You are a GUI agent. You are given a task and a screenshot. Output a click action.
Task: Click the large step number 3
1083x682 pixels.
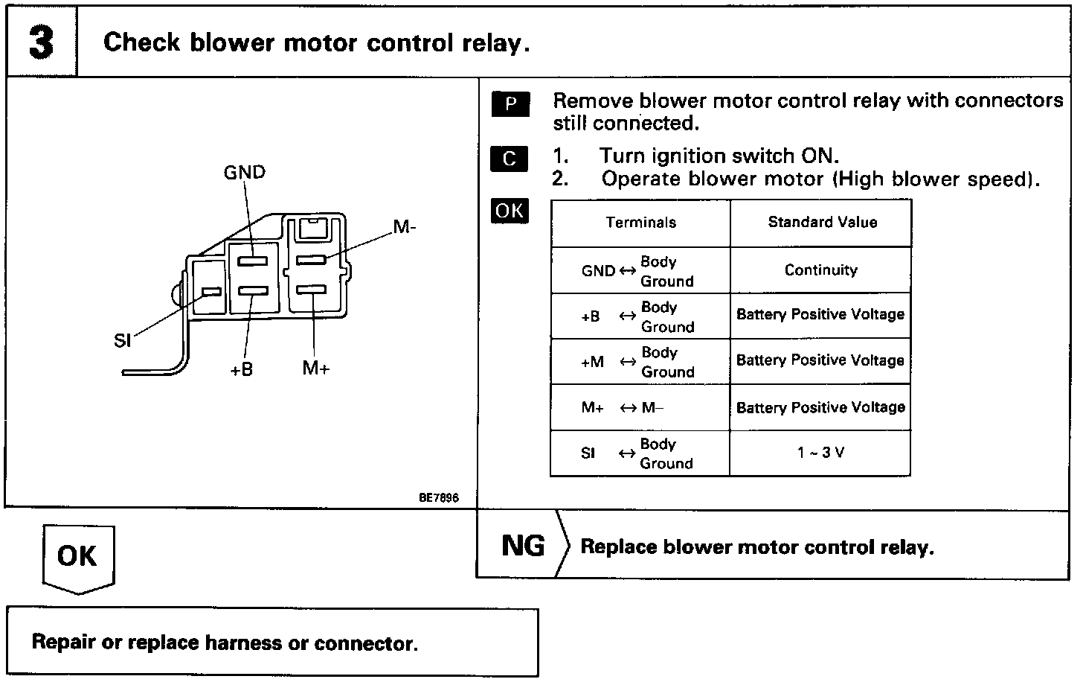pos(41,42)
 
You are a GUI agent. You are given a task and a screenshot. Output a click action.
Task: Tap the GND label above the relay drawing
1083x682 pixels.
pos(244,173)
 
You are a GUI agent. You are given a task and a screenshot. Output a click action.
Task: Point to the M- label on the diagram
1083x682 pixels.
pos(405,227)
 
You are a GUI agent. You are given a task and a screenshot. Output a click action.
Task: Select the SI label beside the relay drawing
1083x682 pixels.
pos(123,341)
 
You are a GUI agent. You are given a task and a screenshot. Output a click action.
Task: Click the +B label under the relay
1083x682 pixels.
pos(241,369)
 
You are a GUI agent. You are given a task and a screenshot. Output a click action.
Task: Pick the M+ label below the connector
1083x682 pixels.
pos(315,368)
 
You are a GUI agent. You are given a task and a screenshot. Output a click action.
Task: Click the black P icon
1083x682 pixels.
pos(510,104)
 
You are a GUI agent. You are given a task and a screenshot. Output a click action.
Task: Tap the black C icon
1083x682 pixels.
pos(510,159)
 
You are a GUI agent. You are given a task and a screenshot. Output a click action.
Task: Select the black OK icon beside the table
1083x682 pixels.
pos(510,211)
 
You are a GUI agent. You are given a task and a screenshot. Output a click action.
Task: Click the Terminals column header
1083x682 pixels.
pos(640,223)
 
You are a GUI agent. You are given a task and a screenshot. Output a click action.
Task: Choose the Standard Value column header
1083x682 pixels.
pos(822,222)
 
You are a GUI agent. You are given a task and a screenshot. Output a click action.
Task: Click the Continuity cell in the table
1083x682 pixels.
pos(820,270)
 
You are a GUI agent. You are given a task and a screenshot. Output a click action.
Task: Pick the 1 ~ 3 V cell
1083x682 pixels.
pos(820,453)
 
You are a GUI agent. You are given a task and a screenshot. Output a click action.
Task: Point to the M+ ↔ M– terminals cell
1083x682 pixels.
pos(623,408)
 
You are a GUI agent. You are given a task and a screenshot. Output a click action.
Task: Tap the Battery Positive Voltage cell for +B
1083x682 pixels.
pos(820,315)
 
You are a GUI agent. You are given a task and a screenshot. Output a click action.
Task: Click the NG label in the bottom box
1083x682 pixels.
pos(523,546)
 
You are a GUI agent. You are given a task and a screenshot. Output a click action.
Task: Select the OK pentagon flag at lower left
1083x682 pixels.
pos(77,556)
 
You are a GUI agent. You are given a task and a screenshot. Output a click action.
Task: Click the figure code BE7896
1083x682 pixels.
pos(438,497)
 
